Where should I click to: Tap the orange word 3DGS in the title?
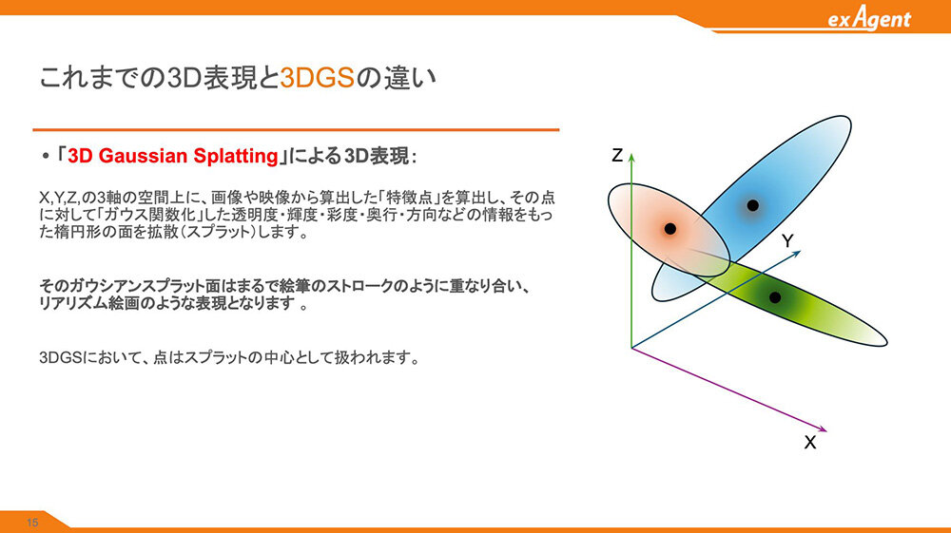[318, 78]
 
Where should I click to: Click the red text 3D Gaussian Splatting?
[173, 156]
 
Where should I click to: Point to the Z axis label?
[617, 156]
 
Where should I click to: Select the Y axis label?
[787, 241]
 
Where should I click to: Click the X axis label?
[810, 442]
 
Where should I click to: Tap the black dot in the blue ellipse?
[752, 205]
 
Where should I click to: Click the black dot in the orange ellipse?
[670, 228]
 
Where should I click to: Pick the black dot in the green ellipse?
[775, 297]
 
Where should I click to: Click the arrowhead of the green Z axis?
[631, 158]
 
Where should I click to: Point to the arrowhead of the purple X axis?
[823, 429]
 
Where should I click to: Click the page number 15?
[32, 523]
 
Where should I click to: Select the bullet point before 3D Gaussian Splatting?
[46, 156]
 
